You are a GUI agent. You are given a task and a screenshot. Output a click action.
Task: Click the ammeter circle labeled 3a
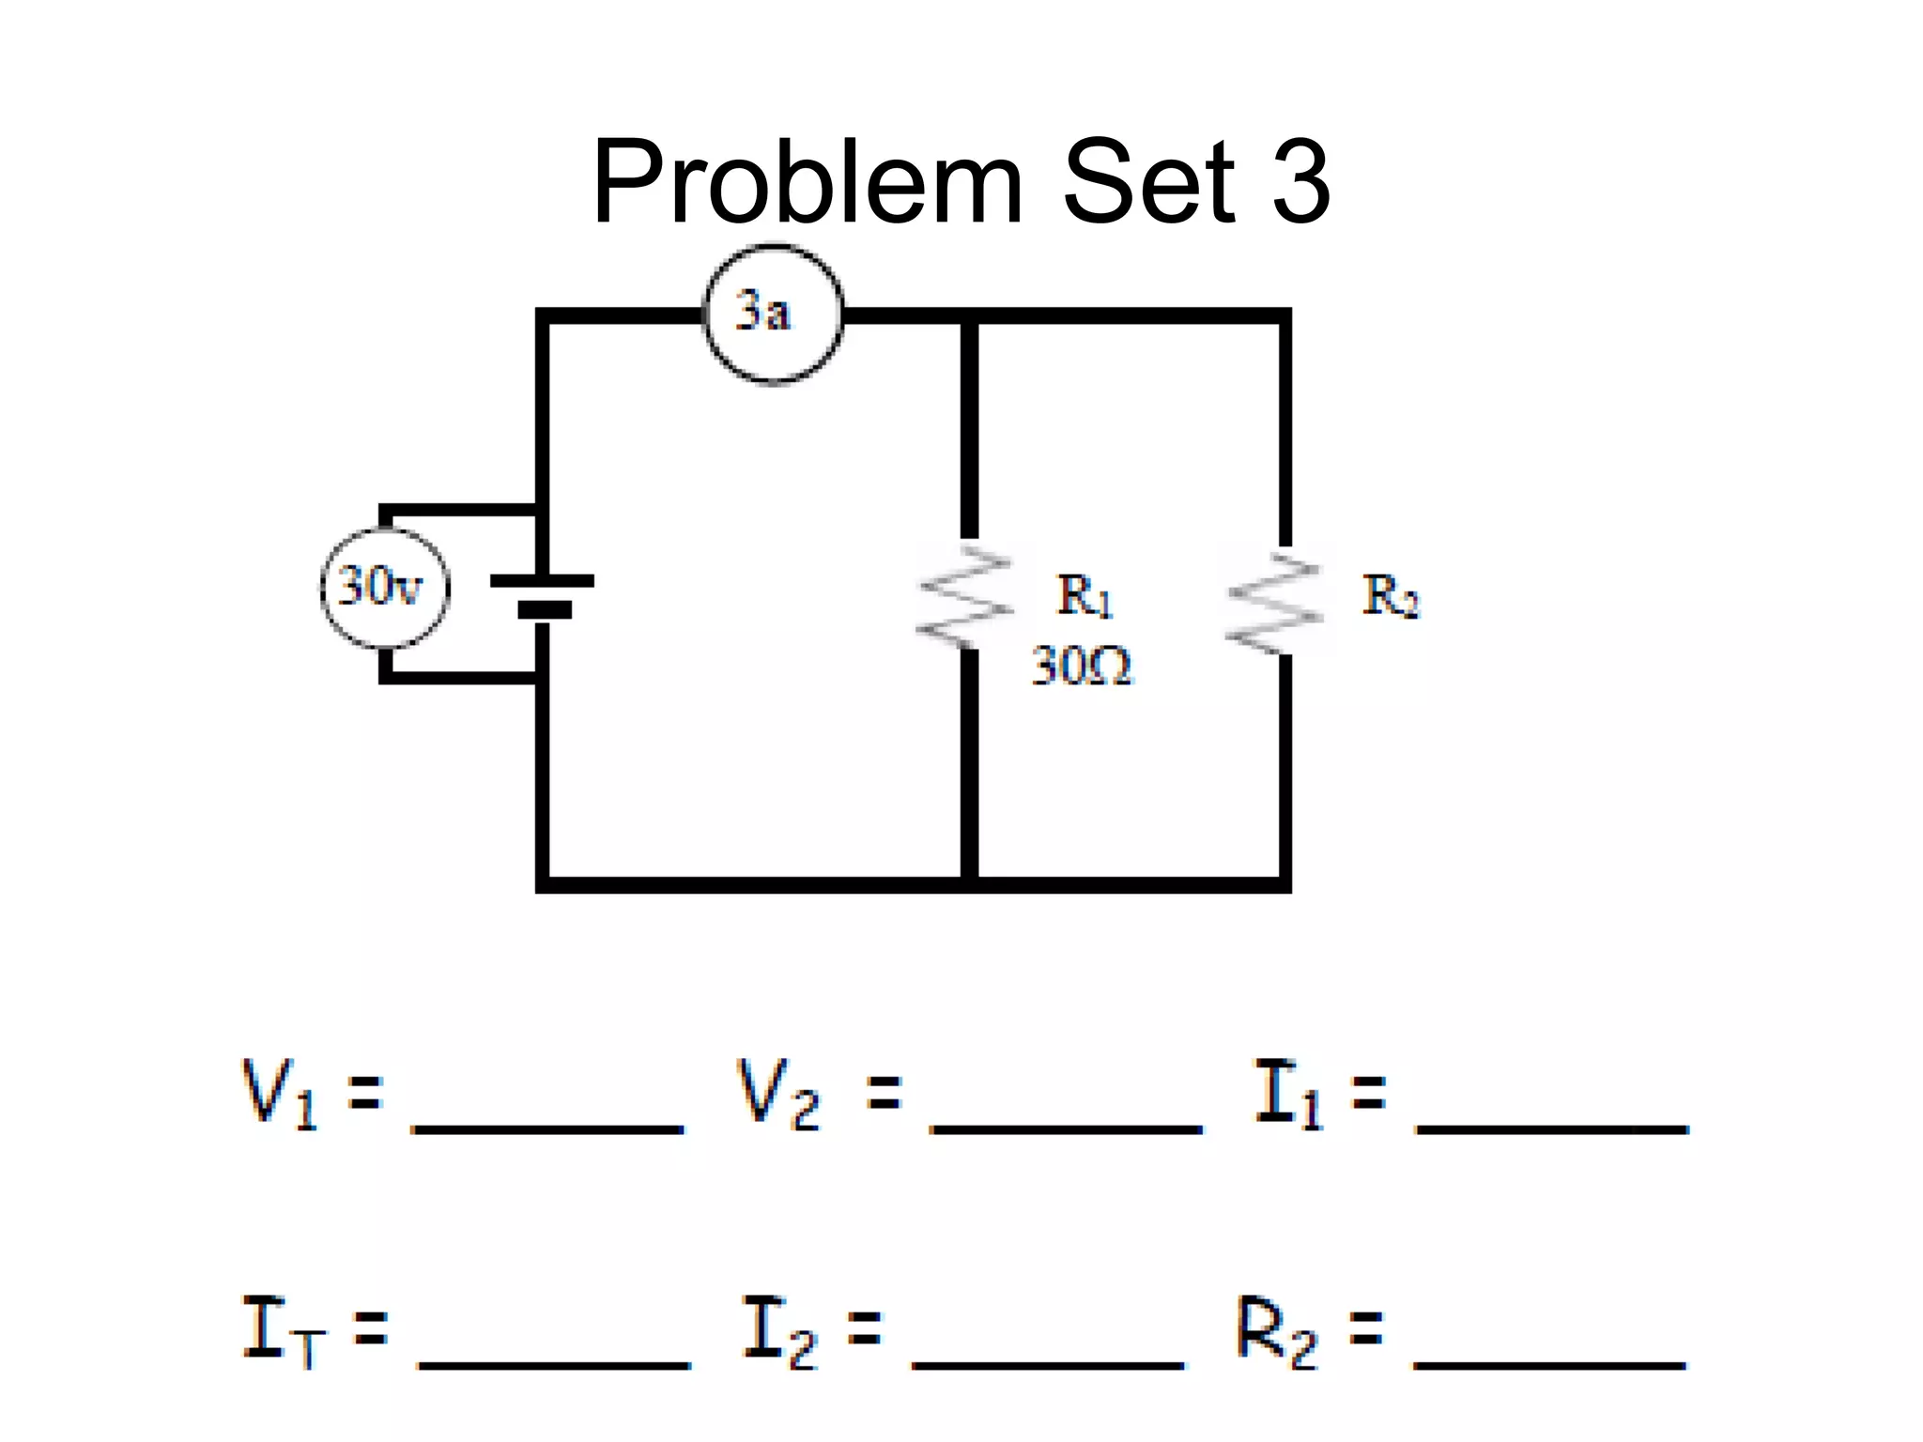pos(773,314)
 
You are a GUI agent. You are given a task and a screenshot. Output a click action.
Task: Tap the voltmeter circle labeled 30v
pos(384,588)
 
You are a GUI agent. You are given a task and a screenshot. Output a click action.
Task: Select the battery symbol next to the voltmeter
pos(543,596)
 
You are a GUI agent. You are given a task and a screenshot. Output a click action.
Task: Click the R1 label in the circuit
pos(1085,595)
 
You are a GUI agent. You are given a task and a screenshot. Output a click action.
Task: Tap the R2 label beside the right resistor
pos(1391,595)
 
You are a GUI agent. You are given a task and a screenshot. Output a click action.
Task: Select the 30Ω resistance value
pos(1082,667)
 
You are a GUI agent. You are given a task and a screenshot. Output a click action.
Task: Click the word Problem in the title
pos(808,181)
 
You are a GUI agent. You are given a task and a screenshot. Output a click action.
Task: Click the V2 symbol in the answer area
pos(777,1094)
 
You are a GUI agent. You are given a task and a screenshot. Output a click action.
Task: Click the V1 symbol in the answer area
pos(279,1094)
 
